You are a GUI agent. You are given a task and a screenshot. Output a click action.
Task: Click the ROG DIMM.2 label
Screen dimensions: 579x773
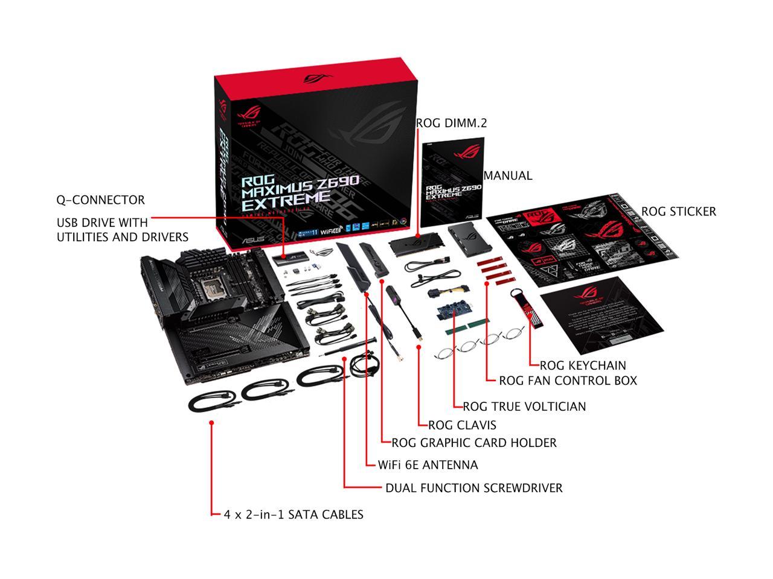click(x=451, y=123)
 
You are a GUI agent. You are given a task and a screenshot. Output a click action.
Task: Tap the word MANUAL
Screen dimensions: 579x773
click(x=508, y=176)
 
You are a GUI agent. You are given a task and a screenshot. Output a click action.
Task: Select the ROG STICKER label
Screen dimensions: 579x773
click(x=678, y=211)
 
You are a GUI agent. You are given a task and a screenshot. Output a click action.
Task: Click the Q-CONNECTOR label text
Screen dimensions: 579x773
click(x=100, y=200)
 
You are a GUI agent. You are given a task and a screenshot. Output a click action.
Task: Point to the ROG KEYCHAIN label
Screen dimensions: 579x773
click(x=582, y=365)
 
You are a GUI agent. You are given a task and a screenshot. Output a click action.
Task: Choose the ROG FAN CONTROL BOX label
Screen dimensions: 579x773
click(x=568, y=381)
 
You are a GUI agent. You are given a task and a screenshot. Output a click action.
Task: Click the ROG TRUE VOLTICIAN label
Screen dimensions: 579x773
click(x=524, y=407)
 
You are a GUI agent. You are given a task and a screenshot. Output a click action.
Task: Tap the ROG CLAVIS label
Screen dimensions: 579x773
click(x=462, y=425)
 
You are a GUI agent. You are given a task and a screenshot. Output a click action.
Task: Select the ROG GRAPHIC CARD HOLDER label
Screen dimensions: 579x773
click(x=474, y=443)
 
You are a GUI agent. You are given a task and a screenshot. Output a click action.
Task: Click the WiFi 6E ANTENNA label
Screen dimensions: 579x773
click(x=428, y=465)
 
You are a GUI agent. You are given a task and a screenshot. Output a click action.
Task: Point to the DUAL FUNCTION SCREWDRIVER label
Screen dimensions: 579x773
click(x=473, y=488)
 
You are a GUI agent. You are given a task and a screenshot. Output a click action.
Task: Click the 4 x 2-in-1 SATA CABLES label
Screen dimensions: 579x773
click(x=293, y=514)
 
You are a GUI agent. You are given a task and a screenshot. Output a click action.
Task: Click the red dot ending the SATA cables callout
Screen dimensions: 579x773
click(x=211, y=423)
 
